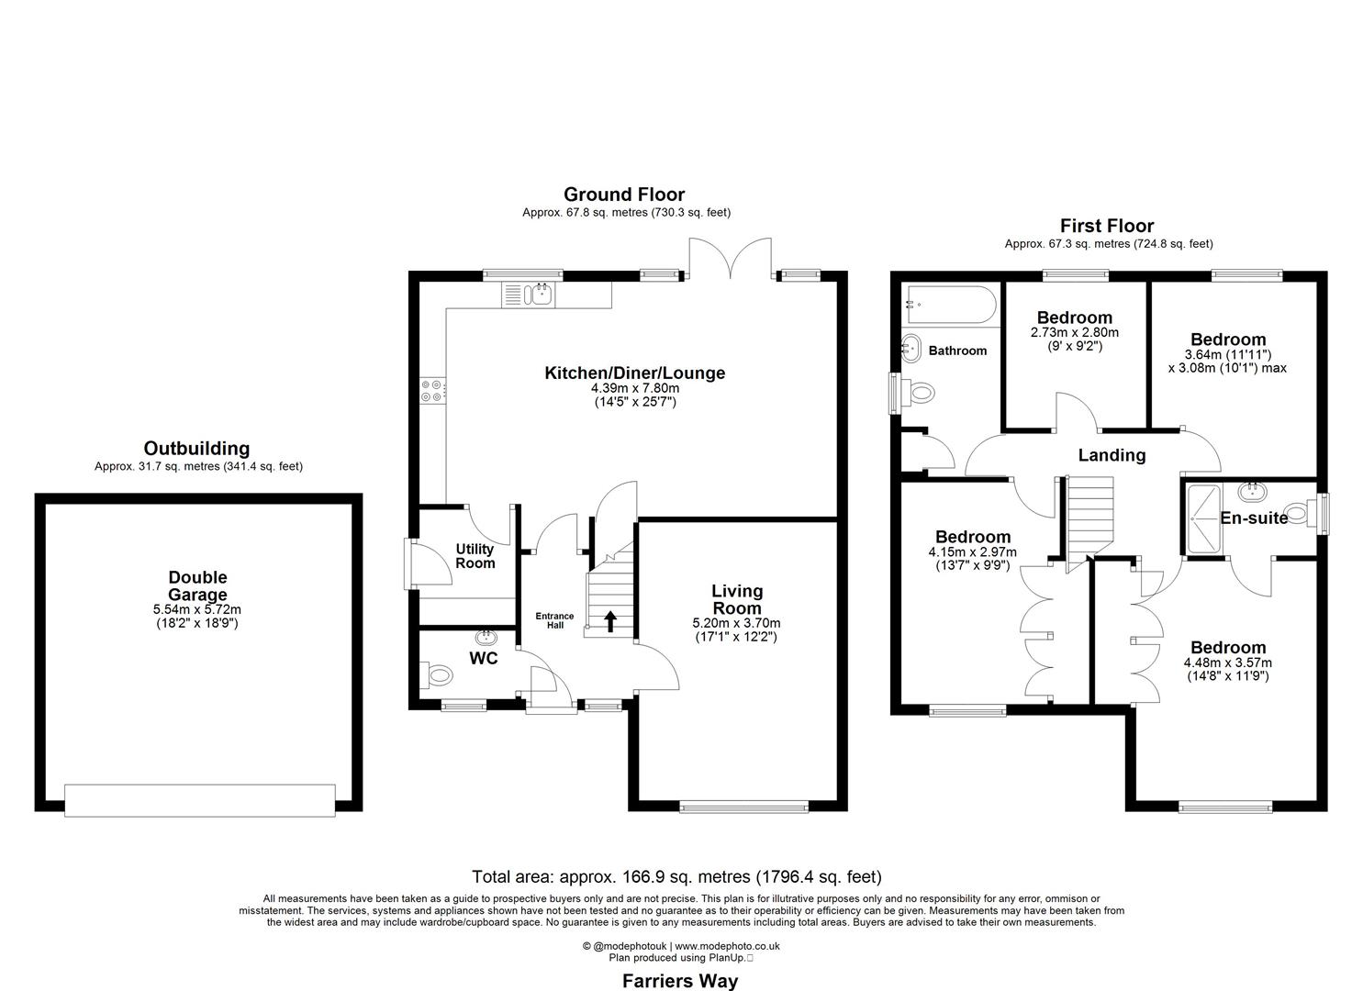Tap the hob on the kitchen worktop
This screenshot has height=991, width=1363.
[x=432, y=391]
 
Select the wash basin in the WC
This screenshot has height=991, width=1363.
[x=485, y=637]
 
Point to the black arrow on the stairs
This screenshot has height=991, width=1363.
[x=609, y=623]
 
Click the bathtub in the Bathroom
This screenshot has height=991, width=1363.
[x=949, y=305]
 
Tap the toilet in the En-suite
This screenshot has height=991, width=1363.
[x=1298, y=512]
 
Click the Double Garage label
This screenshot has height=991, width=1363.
[x=197, y=585]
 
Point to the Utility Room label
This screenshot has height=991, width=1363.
[x=475, y=556]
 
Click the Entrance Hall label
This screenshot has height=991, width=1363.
[x=555, y=621]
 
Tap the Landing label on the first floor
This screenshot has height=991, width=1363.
[x=1112, y=455]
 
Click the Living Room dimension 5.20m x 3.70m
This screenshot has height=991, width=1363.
[x=737, y=623]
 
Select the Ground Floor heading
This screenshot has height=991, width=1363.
[x=624, y=194]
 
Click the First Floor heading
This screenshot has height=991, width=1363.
[x=1107, y=226]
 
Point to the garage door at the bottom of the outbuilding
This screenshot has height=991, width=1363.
[x=200, y=799]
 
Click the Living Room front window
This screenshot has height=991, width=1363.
[x=744, y=807]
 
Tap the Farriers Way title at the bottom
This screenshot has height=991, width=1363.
[x=680, y=981]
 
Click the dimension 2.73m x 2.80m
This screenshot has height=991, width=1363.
[x=1075, y=333]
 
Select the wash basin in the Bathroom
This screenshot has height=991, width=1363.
[x=912, y=347]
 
